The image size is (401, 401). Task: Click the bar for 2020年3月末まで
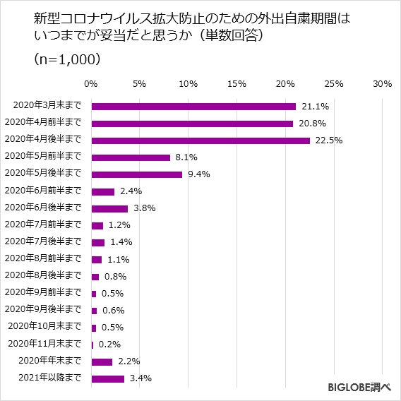click(x=193, y=107)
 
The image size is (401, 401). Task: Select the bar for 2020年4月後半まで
click(x=200, y=140)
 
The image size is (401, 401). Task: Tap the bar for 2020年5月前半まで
click(x=131, y=157)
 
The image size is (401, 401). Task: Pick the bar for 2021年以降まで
click(x=108, y=378)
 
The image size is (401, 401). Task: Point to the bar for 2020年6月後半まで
click(x=109, y=208)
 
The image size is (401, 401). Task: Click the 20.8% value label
click(x=311, y=124)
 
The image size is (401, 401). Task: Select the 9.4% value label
click(x=199, y=174)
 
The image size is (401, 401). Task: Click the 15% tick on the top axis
click(x=237, y=84)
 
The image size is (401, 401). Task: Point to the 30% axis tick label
click(x=382, y=84)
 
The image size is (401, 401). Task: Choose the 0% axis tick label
click(x=91, y=84)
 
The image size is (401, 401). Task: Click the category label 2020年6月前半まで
click(x=43, y=191)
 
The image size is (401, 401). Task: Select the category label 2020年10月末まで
click(x=44, y=327)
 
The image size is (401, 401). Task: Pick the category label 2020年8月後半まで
click(x=43, y=276)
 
